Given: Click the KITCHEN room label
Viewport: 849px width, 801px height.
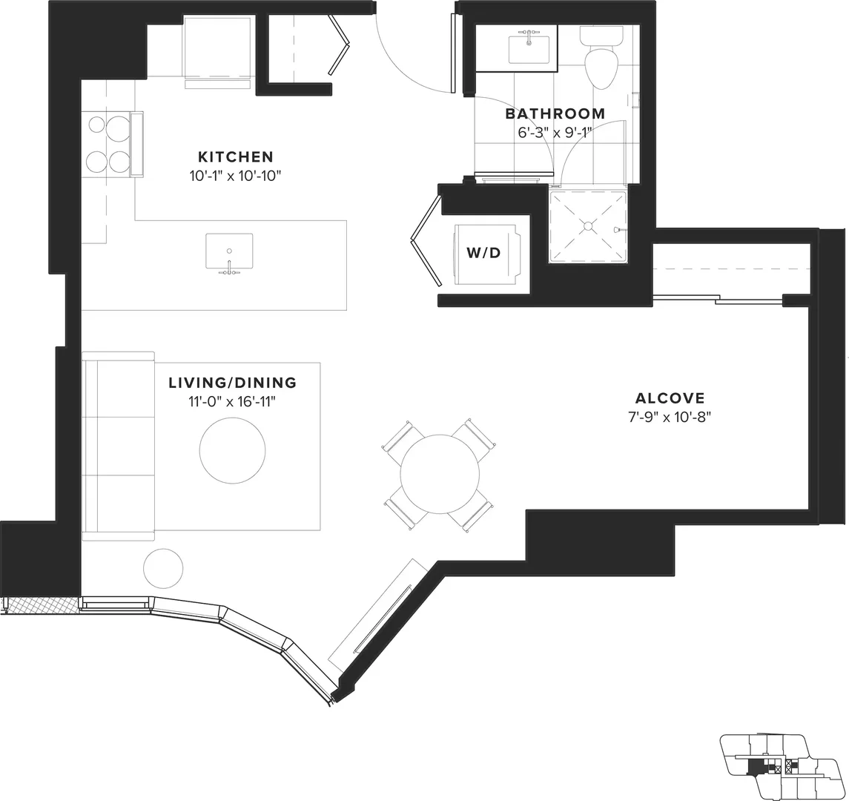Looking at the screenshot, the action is coord(236,157).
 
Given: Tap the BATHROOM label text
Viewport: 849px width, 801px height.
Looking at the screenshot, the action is coord(555,113).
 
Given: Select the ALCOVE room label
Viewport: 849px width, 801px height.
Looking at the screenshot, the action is coord(670,398).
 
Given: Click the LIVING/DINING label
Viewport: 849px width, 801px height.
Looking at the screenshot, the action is coord(232,383).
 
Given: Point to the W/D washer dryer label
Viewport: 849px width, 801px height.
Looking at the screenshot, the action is coord(483,252).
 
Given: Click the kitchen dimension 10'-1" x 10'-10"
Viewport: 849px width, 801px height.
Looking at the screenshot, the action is coord(236,176).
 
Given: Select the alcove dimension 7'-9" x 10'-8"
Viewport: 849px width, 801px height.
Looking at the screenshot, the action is coord(670,418).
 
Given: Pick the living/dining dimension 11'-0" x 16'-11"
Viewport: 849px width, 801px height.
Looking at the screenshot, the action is coord(232,402).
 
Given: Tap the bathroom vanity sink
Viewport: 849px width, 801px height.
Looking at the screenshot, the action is coord(529,50).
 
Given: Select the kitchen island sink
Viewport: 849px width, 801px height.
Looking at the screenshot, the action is coord(229,251).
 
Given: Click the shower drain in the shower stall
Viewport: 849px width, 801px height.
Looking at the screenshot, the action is coord(587,226).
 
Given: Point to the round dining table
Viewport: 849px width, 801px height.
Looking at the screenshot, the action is coord(440,474).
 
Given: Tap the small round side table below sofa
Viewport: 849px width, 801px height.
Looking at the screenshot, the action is coord(163,569).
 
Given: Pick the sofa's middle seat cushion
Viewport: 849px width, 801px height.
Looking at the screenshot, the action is coord(119,446).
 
